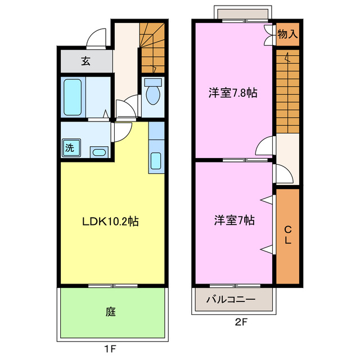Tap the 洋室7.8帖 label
pos(233,93)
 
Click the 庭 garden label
pos(111,311)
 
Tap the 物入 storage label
pos(287,34)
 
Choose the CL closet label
pos(287,235)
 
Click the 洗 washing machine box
pos(70,148)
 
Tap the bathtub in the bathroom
pos(73,97)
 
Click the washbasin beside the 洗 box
pos(100,151)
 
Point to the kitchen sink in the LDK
pos(156,160)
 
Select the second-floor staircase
pos(287,90)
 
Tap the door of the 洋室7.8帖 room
pos(265,147)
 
